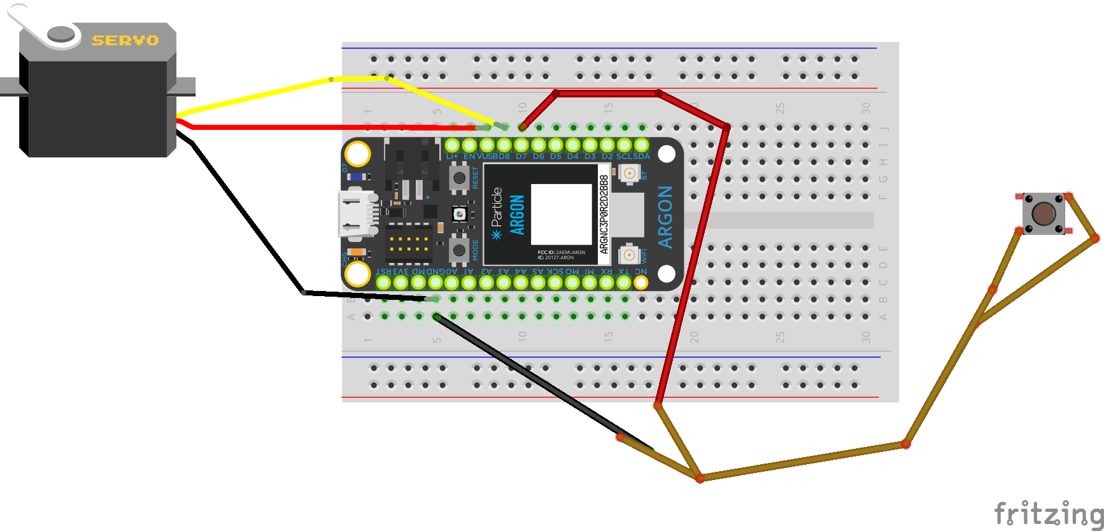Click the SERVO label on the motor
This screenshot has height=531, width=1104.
[125, 40]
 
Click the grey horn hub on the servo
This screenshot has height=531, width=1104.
[61, 33]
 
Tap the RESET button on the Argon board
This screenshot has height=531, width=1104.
[459, 178]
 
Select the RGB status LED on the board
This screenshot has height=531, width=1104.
[460, 215]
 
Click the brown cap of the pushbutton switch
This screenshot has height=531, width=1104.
[1044, 213]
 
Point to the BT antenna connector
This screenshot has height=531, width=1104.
[629, 173]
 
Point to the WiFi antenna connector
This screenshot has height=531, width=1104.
[629, 255]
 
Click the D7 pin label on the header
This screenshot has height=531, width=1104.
[521, 157]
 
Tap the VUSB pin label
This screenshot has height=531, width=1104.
[486, 157]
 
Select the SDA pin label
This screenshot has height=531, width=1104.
[642, 157]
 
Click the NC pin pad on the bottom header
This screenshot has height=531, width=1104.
[640, 281]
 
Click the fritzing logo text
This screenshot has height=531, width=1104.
[1047, 513]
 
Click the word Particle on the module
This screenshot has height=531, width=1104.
[497, 207]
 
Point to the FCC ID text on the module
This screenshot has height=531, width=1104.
[561, 253]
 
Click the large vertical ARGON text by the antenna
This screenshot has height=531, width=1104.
[665, 217]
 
